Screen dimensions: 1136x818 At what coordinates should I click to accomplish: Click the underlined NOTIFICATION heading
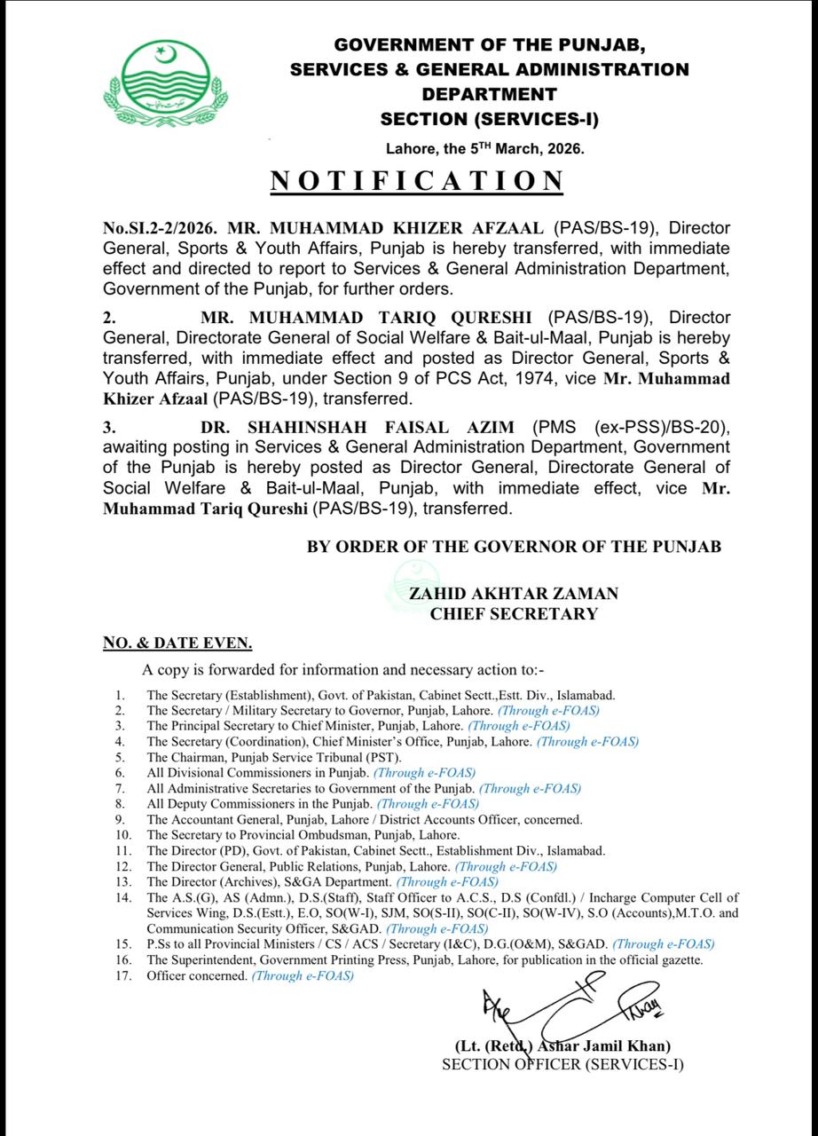click(x=416, y=181)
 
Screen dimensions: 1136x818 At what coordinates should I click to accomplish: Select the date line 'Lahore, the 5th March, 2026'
click(x=485, y=149)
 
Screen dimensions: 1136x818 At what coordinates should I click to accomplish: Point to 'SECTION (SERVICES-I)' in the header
click(x=489, y=119)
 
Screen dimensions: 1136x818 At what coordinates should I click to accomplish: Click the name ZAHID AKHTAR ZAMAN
click(x=514, y=594)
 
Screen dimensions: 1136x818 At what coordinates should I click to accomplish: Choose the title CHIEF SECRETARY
click(x=514, y=613)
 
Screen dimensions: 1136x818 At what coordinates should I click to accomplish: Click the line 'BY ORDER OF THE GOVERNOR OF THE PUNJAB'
click(x=514, y=548)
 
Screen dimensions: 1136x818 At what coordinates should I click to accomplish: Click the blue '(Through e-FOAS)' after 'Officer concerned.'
click(x=303, y=976)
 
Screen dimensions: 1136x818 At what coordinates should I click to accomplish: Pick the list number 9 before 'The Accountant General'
click(x=119, y=820)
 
